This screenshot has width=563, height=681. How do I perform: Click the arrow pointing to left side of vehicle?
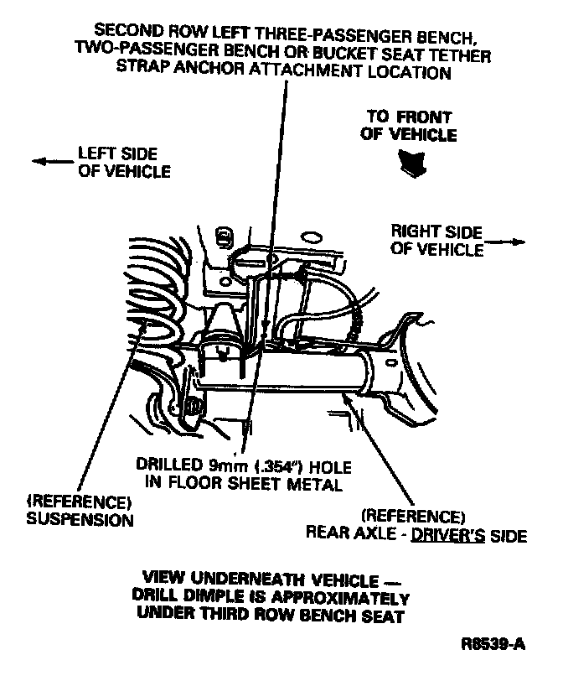tap(49, 162)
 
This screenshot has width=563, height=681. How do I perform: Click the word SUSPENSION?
tap(81, 519)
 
